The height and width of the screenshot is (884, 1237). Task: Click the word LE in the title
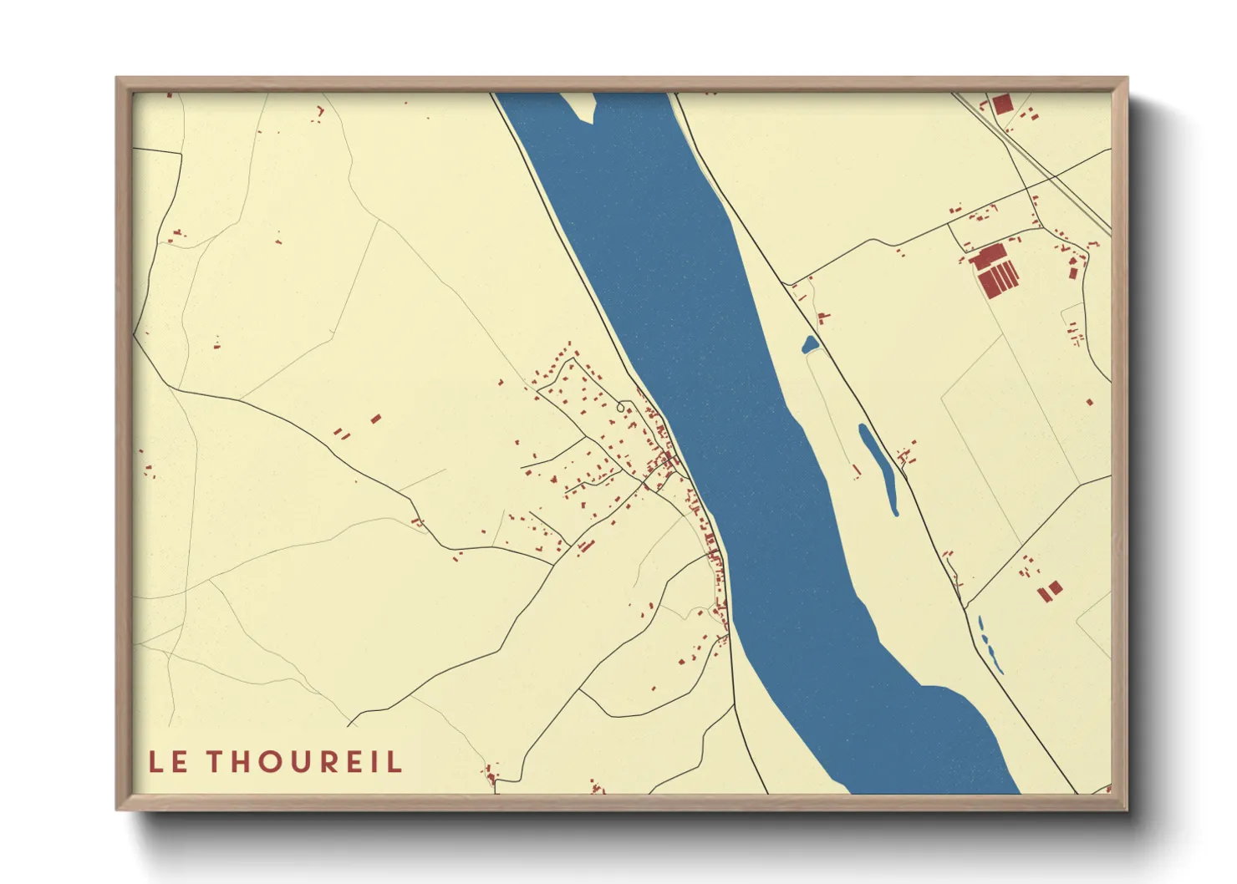point(168,762)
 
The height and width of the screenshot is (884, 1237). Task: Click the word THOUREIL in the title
point(304,762)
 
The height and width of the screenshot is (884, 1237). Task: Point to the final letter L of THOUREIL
point(395,762)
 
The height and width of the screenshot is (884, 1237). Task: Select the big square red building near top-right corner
point(1001,104)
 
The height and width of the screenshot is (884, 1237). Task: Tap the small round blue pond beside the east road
point(809,344)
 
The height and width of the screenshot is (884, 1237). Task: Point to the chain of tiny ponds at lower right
point(989,645)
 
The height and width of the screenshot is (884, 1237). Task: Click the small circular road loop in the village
point(620,408)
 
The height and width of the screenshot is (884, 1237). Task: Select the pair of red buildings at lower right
point(1050,590)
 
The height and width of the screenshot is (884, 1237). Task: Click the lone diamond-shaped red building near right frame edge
point(1089,403)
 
